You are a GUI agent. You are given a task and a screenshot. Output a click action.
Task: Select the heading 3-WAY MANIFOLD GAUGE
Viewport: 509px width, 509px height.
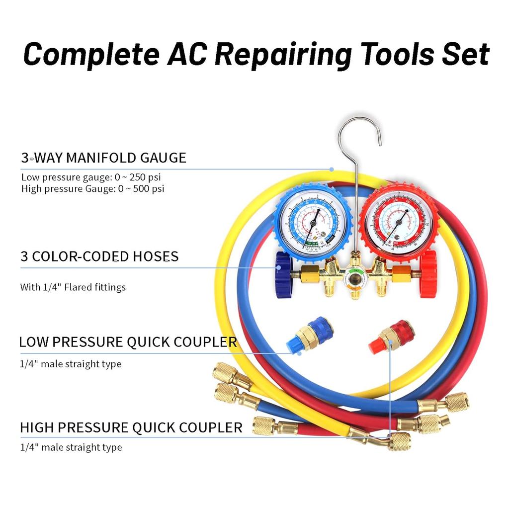click(103, 158)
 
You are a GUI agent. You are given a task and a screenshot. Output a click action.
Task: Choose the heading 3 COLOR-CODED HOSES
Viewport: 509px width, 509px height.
click(99, 256)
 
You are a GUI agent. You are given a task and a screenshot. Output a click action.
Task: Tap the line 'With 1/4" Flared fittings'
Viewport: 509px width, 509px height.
click(73, 287)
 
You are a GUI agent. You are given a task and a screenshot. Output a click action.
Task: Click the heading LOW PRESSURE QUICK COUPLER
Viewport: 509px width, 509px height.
click(128, 342)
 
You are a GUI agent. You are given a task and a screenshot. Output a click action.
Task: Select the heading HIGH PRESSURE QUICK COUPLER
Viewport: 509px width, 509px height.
click(131, 427)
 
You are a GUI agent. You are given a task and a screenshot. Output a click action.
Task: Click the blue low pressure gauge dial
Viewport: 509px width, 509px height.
click(313, 222)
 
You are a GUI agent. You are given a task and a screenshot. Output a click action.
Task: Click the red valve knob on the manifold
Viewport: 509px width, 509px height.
click(428, 274)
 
